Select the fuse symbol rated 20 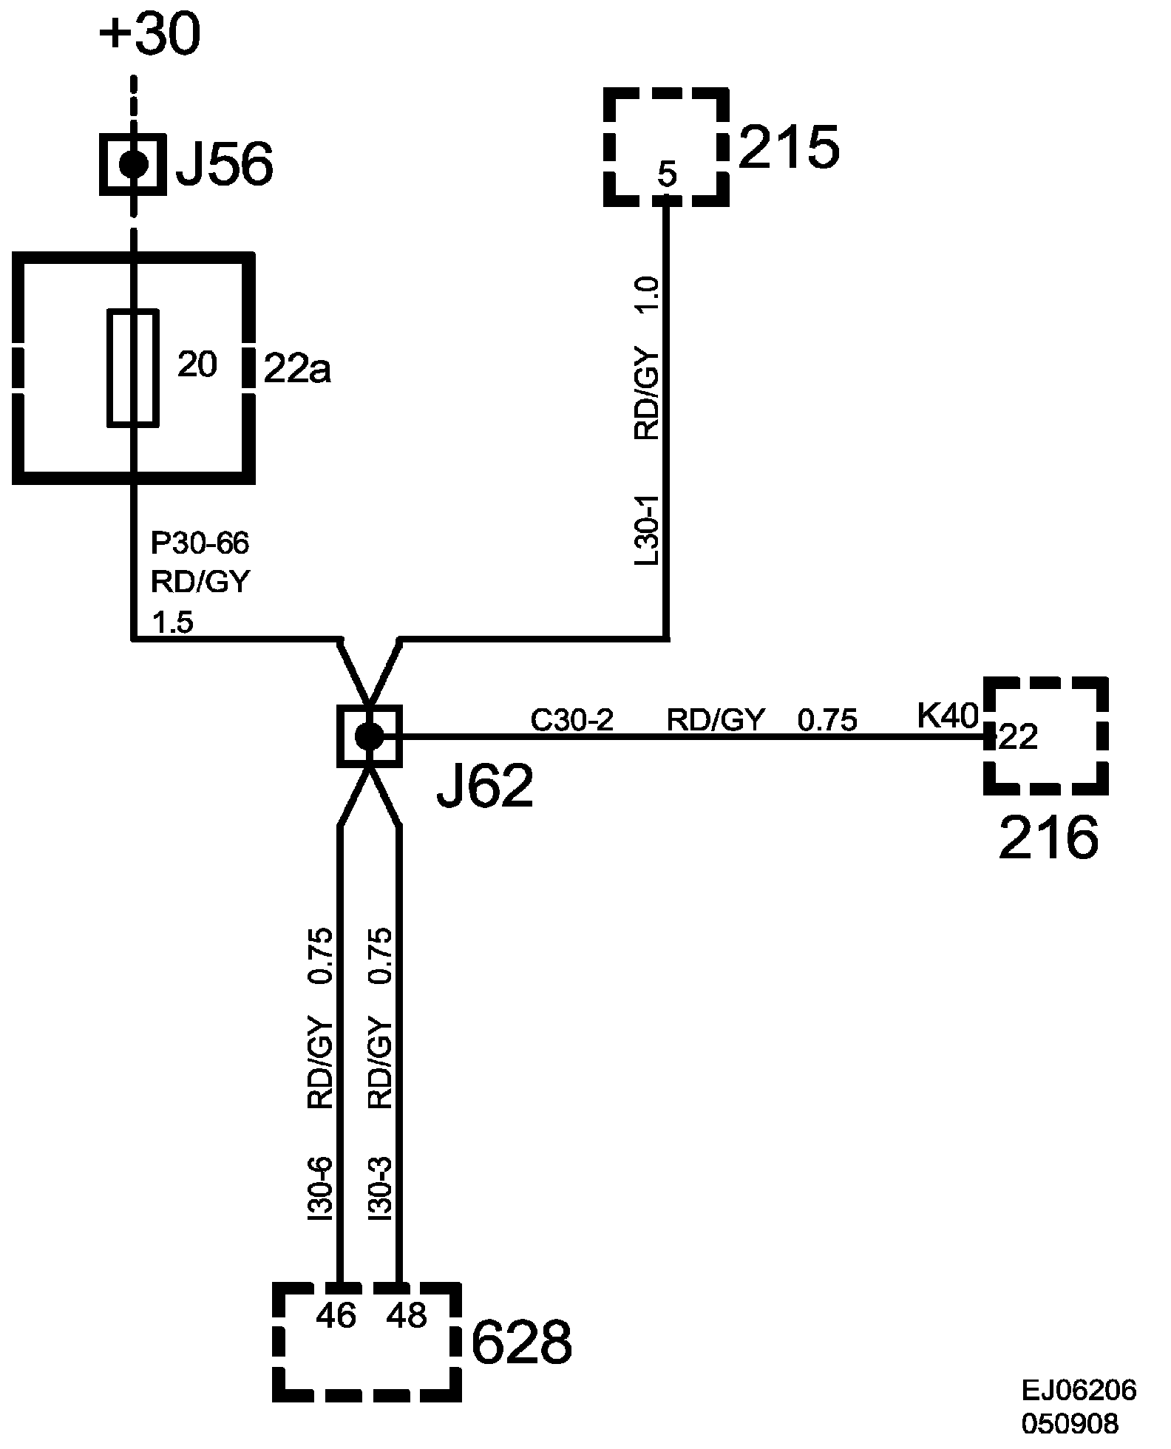pyautogui.click(x=133, y=368)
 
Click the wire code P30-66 pyautogui.click(x=200, y=544)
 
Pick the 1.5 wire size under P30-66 pyautogui.click(x=172, y=623)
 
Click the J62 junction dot pyautogui.click(x=369, y=736)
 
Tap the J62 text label pyautogui.click(x=485, y=788)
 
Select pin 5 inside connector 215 pyautogui.click(x=666, y=175)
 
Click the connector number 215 pyautogui.click(x=789, y=148)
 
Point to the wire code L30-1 pyautogui.click(x=648, y=531)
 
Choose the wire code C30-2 pyautogui.click(x=572, y=720)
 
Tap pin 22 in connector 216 pyautogui.click(x=1019, y=737)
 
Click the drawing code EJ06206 pyautogui.click(x=1079, y=1391)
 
